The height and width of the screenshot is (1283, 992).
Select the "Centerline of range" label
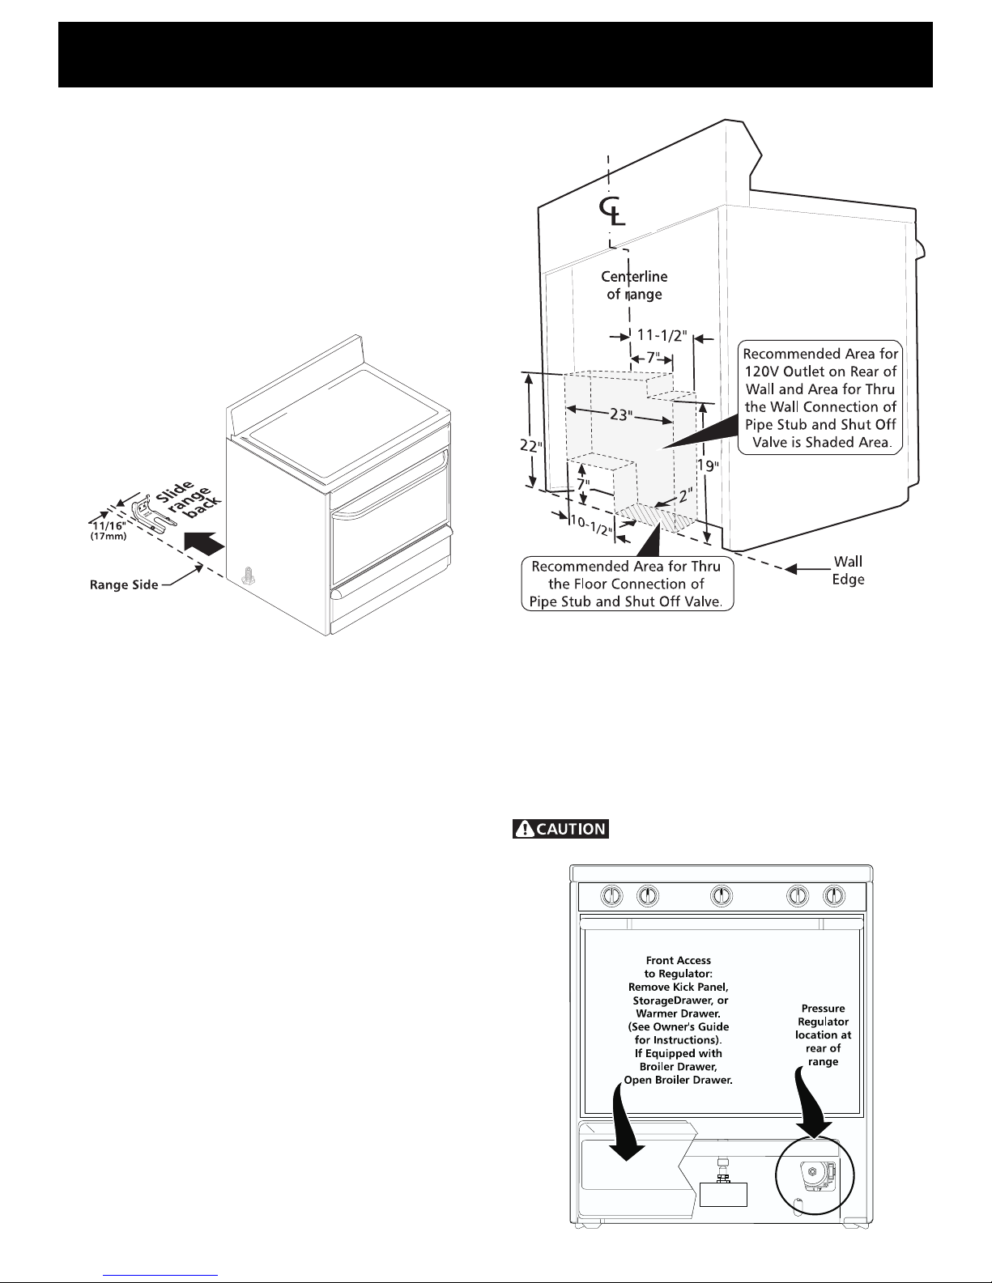point(634,287)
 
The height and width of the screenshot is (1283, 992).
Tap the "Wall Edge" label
point(848,570)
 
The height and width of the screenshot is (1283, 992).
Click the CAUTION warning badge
point(560,829)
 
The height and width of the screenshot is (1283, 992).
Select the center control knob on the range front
point(721,896)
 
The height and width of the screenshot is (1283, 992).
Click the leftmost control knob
point(613,896)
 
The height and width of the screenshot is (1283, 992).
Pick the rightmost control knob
point(834,896)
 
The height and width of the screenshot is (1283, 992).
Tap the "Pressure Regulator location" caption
point(823,1035)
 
